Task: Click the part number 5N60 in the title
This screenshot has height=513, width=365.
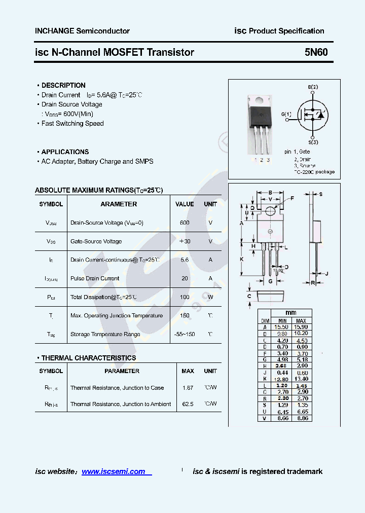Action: coord(316,52)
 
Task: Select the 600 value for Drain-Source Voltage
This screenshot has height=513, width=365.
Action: coord(185,223)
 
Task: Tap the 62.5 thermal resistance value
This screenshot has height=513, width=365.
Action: coord(188,404)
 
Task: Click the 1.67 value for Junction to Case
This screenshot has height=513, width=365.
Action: coord(188,388)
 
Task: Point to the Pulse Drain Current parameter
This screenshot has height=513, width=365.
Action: coord(95,278)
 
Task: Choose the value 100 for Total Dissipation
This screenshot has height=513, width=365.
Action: coord(185,297)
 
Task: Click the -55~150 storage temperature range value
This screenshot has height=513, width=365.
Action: coord(184,334)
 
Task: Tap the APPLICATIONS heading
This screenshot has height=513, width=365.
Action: coord(65,152)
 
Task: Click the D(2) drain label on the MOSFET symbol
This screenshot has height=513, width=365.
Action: coord(313,87)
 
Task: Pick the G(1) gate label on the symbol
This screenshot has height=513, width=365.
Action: coord(286,114)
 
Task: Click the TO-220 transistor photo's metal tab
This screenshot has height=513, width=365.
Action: coord(260,101)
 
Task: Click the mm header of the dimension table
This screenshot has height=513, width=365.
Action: coord(291,313)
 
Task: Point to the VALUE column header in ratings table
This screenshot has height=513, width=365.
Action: coord(185,204)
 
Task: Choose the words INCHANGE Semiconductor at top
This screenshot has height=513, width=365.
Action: coord(82,31)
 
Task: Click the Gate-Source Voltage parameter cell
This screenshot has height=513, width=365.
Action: coord(96,241)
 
